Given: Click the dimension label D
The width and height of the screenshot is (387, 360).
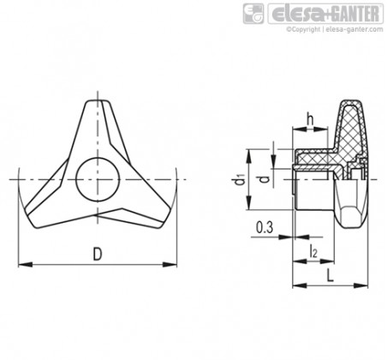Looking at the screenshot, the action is (98, 254).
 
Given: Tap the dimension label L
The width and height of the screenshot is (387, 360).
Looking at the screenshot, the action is (330, 276).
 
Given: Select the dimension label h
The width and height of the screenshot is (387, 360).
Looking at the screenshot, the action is (310, 119).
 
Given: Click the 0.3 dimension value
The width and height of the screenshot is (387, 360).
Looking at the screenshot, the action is (265, 227).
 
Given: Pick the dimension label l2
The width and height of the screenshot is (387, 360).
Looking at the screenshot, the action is (313, 251).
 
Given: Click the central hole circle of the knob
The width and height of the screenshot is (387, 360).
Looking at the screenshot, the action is (98, 179).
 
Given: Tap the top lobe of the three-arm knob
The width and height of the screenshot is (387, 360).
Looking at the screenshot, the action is (98, 120).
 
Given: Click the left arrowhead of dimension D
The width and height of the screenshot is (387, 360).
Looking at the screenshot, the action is (25, 265).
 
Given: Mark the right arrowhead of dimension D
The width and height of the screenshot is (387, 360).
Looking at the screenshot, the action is (170, 265).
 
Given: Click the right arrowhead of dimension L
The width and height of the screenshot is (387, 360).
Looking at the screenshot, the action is (361, 285).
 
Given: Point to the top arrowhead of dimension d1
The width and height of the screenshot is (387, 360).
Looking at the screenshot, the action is (249, 156).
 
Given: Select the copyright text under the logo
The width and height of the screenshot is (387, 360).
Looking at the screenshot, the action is (335, 29).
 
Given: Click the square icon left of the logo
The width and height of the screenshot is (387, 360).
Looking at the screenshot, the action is (253, 14).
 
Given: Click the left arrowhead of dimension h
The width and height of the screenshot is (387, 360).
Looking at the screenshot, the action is (299, 129).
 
